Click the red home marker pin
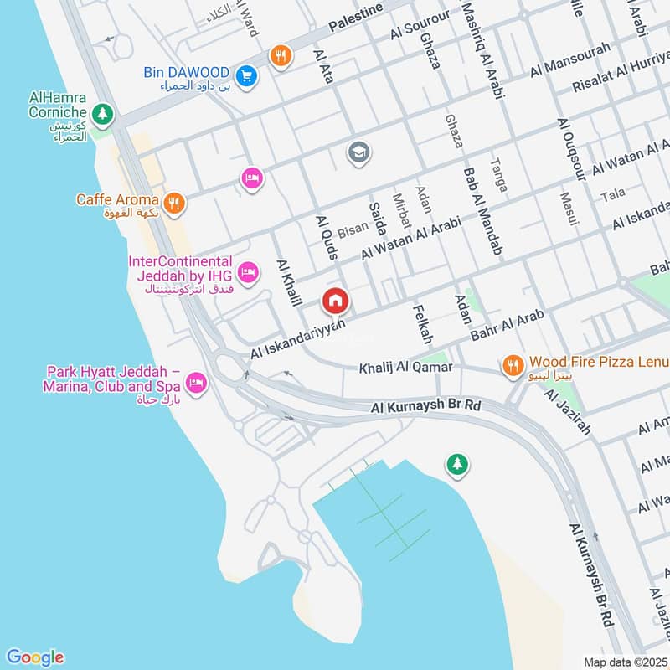pos(335,301)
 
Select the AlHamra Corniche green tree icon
pos(102,111)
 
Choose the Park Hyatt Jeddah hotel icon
pos(197,383)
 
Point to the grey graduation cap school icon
pos(358,152)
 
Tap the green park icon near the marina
pos(456,463)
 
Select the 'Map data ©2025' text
pos(623,662)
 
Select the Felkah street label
pos(421,323)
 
